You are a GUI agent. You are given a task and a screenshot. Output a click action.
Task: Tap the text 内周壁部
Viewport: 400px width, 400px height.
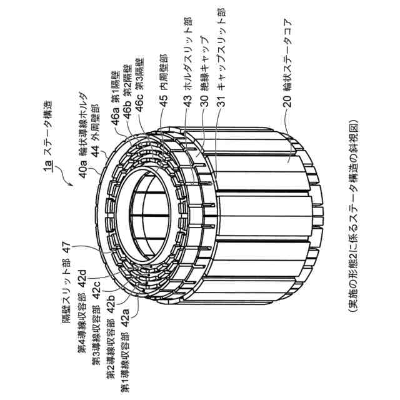tap(163, 74)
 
